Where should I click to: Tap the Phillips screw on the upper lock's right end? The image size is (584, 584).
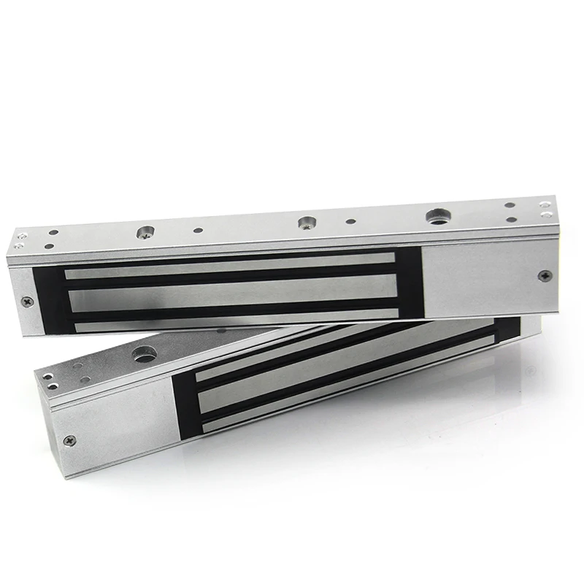(x=543, y=275)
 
